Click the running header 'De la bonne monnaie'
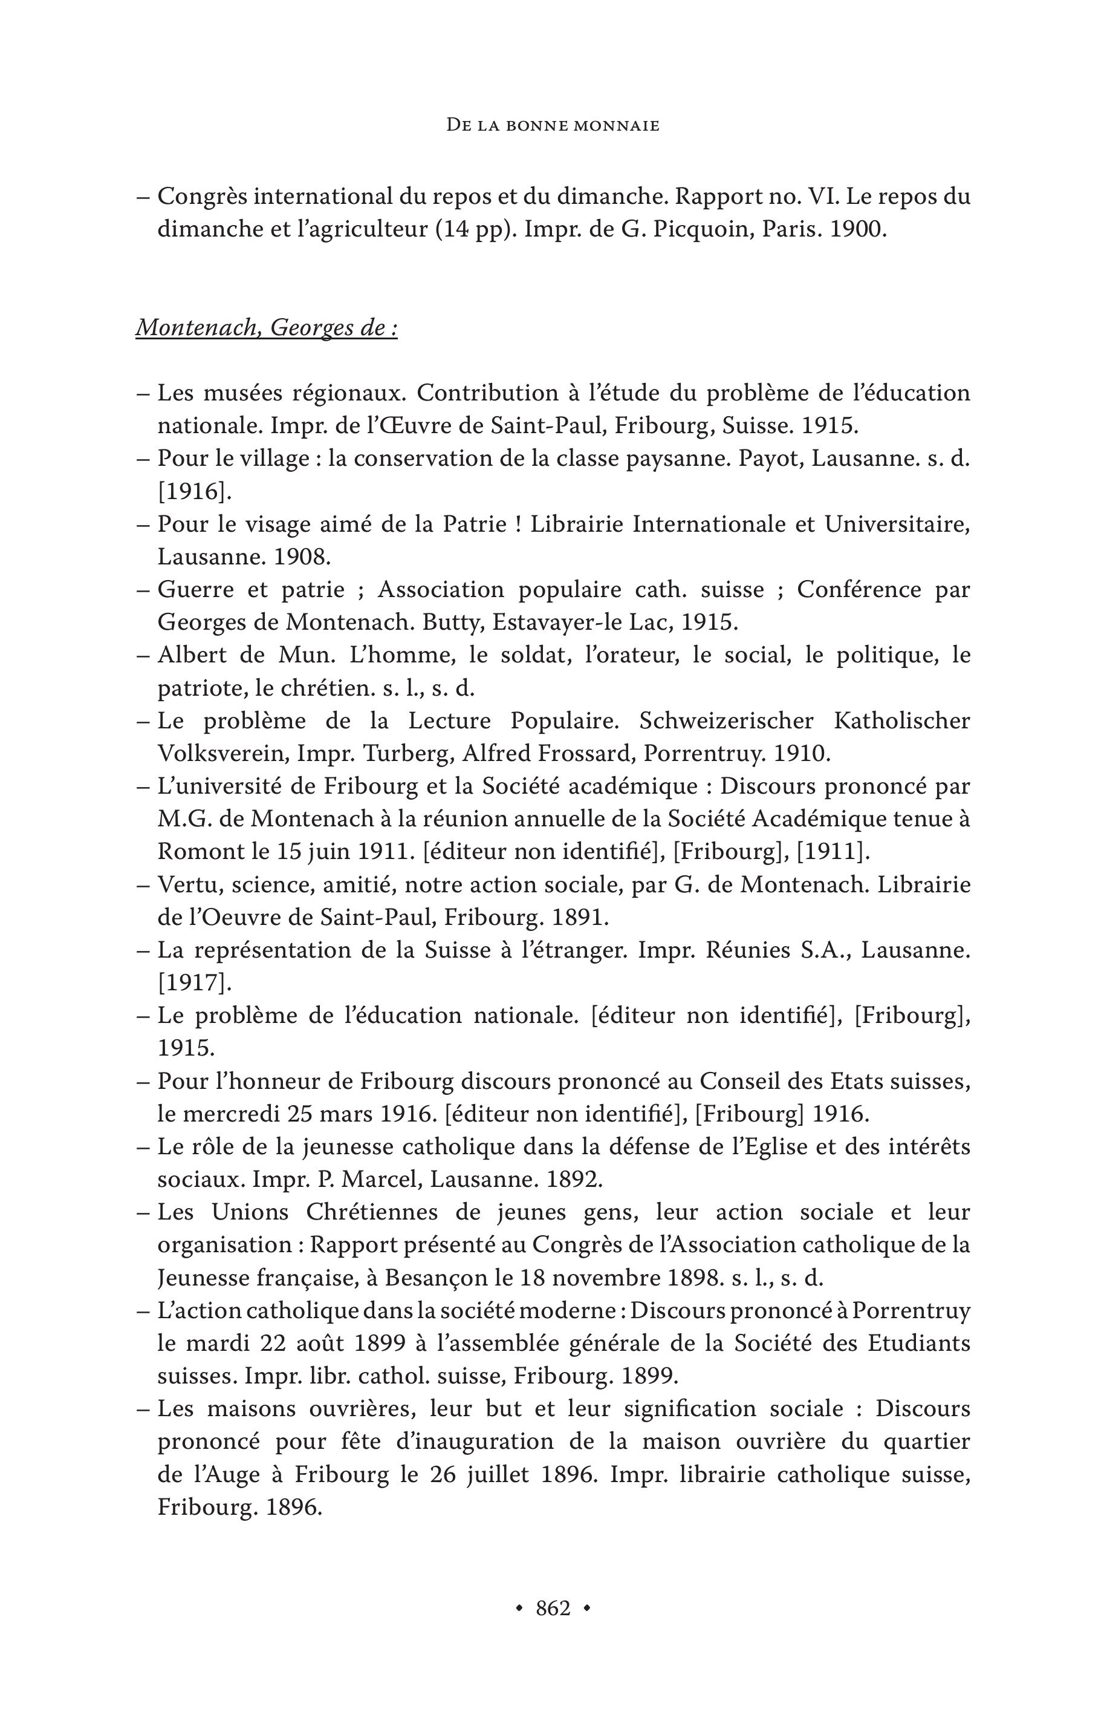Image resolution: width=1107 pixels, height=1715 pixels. coord(552,125)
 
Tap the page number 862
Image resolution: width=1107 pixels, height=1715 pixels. coord(553,1608)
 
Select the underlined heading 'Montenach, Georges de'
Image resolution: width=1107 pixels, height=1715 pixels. coord(266,328)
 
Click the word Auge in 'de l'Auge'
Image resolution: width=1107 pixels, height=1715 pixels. coord(221,1475)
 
